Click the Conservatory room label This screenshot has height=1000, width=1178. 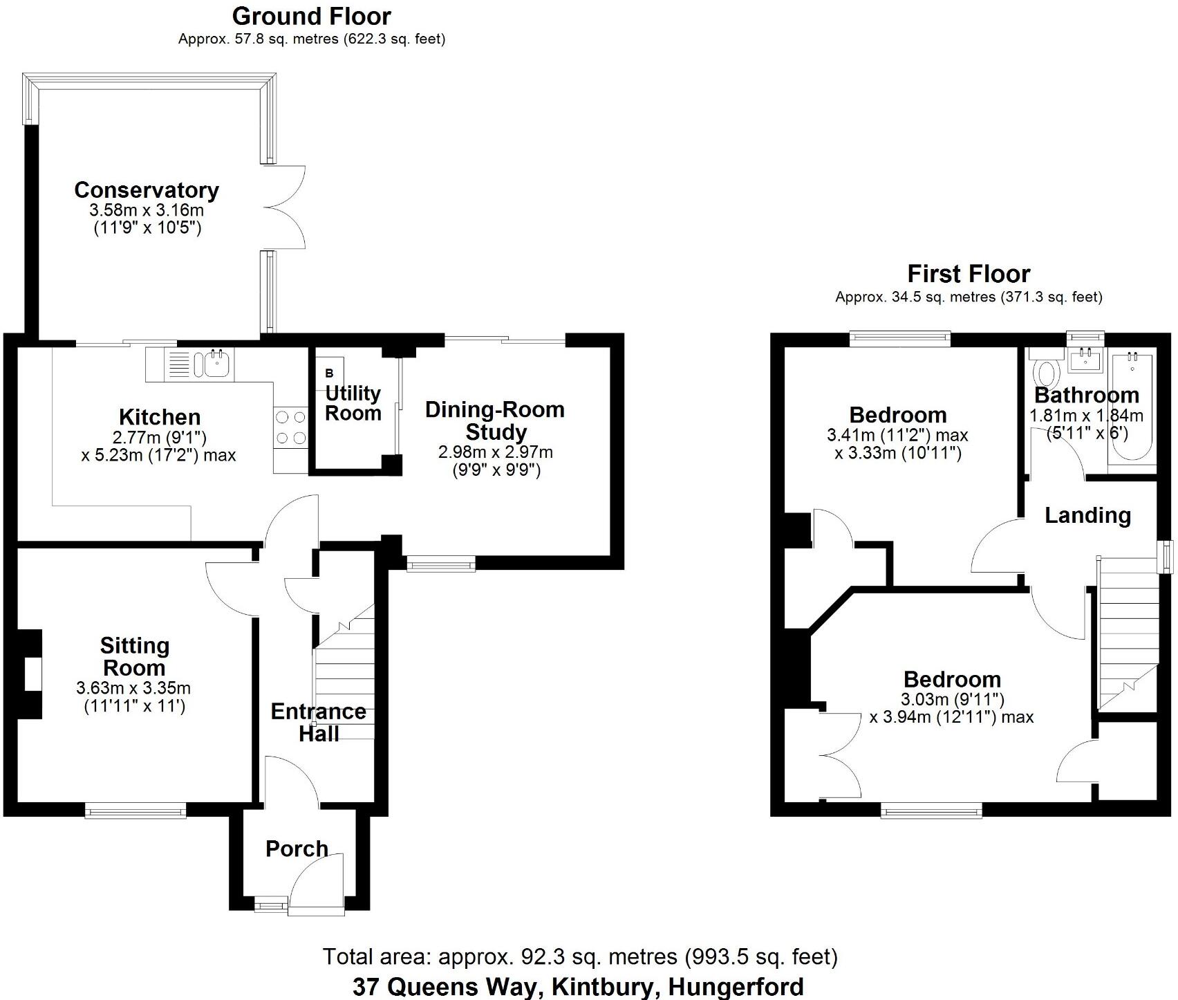[x=147, y=190]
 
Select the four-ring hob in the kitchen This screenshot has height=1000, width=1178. [x=290, y=427]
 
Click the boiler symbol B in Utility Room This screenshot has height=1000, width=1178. [x=329, y=373]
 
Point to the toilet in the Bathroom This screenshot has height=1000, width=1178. [x=1045, y=371]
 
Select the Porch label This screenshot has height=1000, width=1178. [x=297, y=849]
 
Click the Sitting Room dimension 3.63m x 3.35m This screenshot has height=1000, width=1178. [x=133, y=688]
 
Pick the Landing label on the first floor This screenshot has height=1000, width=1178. [x=1087, y=515]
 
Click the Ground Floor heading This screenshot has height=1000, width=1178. [x=311, y=16]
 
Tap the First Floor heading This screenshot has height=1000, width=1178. [x=969, y=274]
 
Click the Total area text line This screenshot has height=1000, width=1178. [x=579, y=957]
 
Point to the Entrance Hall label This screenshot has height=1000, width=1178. [x=318, y=722]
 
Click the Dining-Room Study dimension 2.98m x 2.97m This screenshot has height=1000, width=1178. [x=495, y=452]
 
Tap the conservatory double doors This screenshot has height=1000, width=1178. [x=283, y=207]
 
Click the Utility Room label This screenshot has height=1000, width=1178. [x=353, y=403]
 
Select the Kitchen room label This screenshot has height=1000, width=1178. [x=160, y=417]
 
